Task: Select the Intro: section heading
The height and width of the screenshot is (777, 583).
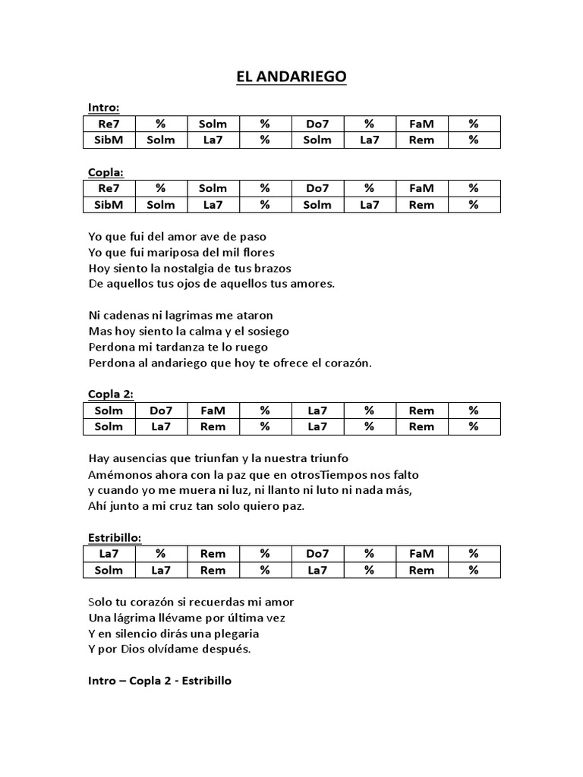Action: [103, 108]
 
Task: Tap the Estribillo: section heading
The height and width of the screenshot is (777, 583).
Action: [115, 536]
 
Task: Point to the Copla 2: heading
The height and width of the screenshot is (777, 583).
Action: [111, 394]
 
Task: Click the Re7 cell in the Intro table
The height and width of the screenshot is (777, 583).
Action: [109, 124]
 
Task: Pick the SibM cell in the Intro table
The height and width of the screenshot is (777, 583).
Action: [109, 140]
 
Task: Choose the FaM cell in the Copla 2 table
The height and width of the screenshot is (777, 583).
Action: [213, 411]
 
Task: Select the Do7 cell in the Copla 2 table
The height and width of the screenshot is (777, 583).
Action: [160, 411]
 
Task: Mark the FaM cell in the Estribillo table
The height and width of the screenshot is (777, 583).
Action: [421, 554]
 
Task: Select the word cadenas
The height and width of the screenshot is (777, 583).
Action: [126, 314]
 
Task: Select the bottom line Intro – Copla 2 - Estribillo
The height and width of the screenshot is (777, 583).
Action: [159, 681]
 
